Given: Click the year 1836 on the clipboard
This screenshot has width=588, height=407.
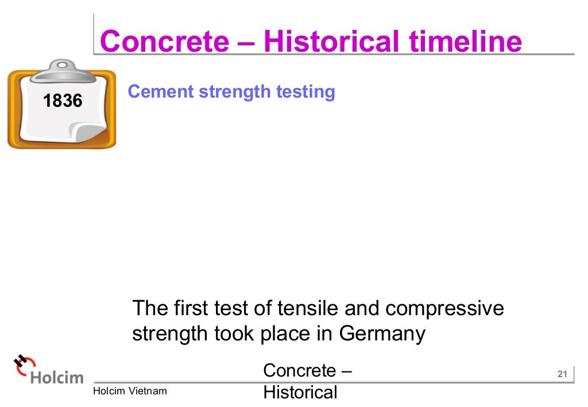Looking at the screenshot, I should coord(63,102).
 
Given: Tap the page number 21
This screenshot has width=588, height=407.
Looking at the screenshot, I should coord(562,375).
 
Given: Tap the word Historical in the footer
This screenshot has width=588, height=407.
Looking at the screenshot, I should coord(300,393).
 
